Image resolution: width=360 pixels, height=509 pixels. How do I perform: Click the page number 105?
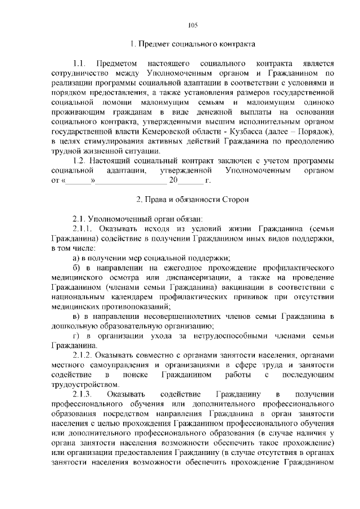(x=192, y=25)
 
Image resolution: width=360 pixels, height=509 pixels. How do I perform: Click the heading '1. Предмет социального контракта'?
(x=192, y=44)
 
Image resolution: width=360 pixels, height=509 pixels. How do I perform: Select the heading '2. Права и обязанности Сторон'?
(x=192, y=200)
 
